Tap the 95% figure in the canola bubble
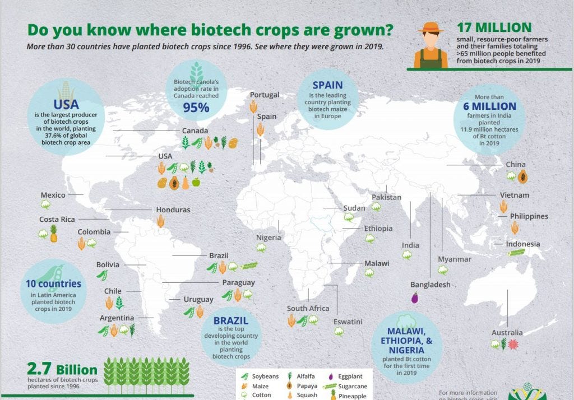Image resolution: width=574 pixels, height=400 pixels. pyautogui.click(x=196, y=106)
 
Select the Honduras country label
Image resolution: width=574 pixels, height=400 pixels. pyautogui.click(x=173, y=210)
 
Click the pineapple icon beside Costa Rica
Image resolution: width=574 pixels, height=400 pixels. pyautogui.click(x=54, y=233)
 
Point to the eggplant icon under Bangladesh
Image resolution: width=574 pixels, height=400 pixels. pyautogui.click(x=415, y=298)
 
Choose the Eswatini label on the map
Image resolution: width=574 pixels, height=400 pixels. pyautogui.click(x=348, y=322)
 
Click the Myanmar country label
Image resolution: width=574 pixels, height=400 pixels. pyautogui.click(x=455, y=259)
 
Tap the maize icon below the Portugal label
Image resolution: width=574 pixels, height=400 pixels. pyautogui.click(x=253, y=106)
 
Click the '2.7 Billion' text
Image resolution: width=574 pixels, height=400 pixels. pyautogui.click(x=62, y=370)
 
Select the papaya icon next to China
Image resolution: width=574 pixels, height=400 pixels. pyautogui.click(x=522, y=177)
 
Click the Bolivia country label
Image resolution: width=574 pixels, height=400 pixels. pyautogui.click(x=108, y=264)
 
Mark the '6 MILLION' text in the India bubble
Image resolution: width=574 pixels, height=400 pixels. pyautogui.click(x=489, y=106)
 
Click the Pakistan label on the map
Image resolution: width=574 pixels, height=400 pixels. pyautogui.click(x=387, y=197)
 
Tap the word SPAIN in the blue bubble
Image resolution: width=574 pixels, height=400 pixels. pyautogui.click(x=327, y=85)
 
